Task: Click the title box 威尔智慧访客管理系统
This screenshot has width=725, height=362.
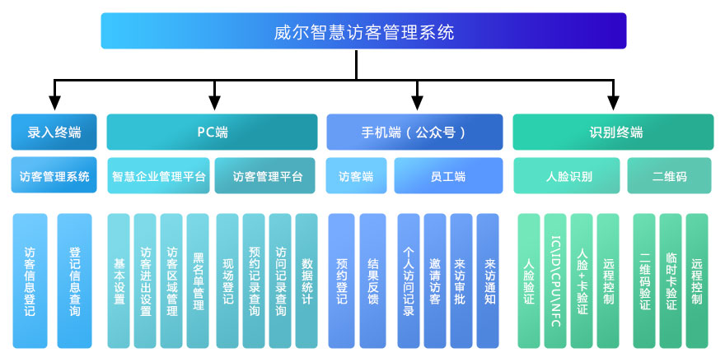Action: [x=363, y=31]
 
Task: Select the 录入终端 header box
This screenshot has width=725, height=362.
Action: [x=54, y=132]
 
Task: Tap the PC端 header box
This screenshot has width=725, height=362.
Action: [x=213, y=132]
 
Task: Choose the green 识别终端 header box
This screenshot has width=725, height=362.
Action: [x=613, y=132]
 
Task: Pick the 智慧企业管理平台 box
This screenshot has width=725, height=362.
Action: [x=159, y=176]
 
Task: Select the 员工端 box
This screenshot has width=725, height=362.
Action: [x=448, y=176]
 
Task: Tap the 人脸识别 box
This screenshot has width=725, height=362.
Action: [x=568, y=176]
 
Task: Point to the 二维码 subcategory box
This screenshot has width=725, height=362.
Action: [x=669, y=176]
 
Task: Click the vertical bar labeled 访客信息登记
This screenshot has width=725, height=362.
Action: [x=30, y=281]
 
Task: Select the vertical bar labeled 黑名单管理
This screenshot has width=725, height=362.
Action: [x=198, y=281]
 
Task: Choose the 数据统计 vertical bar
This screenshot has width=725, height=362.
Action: [x=306, y=281]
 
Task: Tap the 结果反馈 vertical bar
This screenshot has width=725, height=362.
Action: [x=372, y=281]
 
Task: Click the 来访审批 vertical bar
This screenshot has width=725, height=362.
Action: [x=461, y=281]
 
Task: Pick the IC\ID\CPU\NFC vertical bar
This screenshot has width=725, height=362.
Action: [x=555, y=281]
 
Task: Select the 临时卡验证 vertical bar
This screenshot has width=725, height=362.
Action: [x=671, y=281]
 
